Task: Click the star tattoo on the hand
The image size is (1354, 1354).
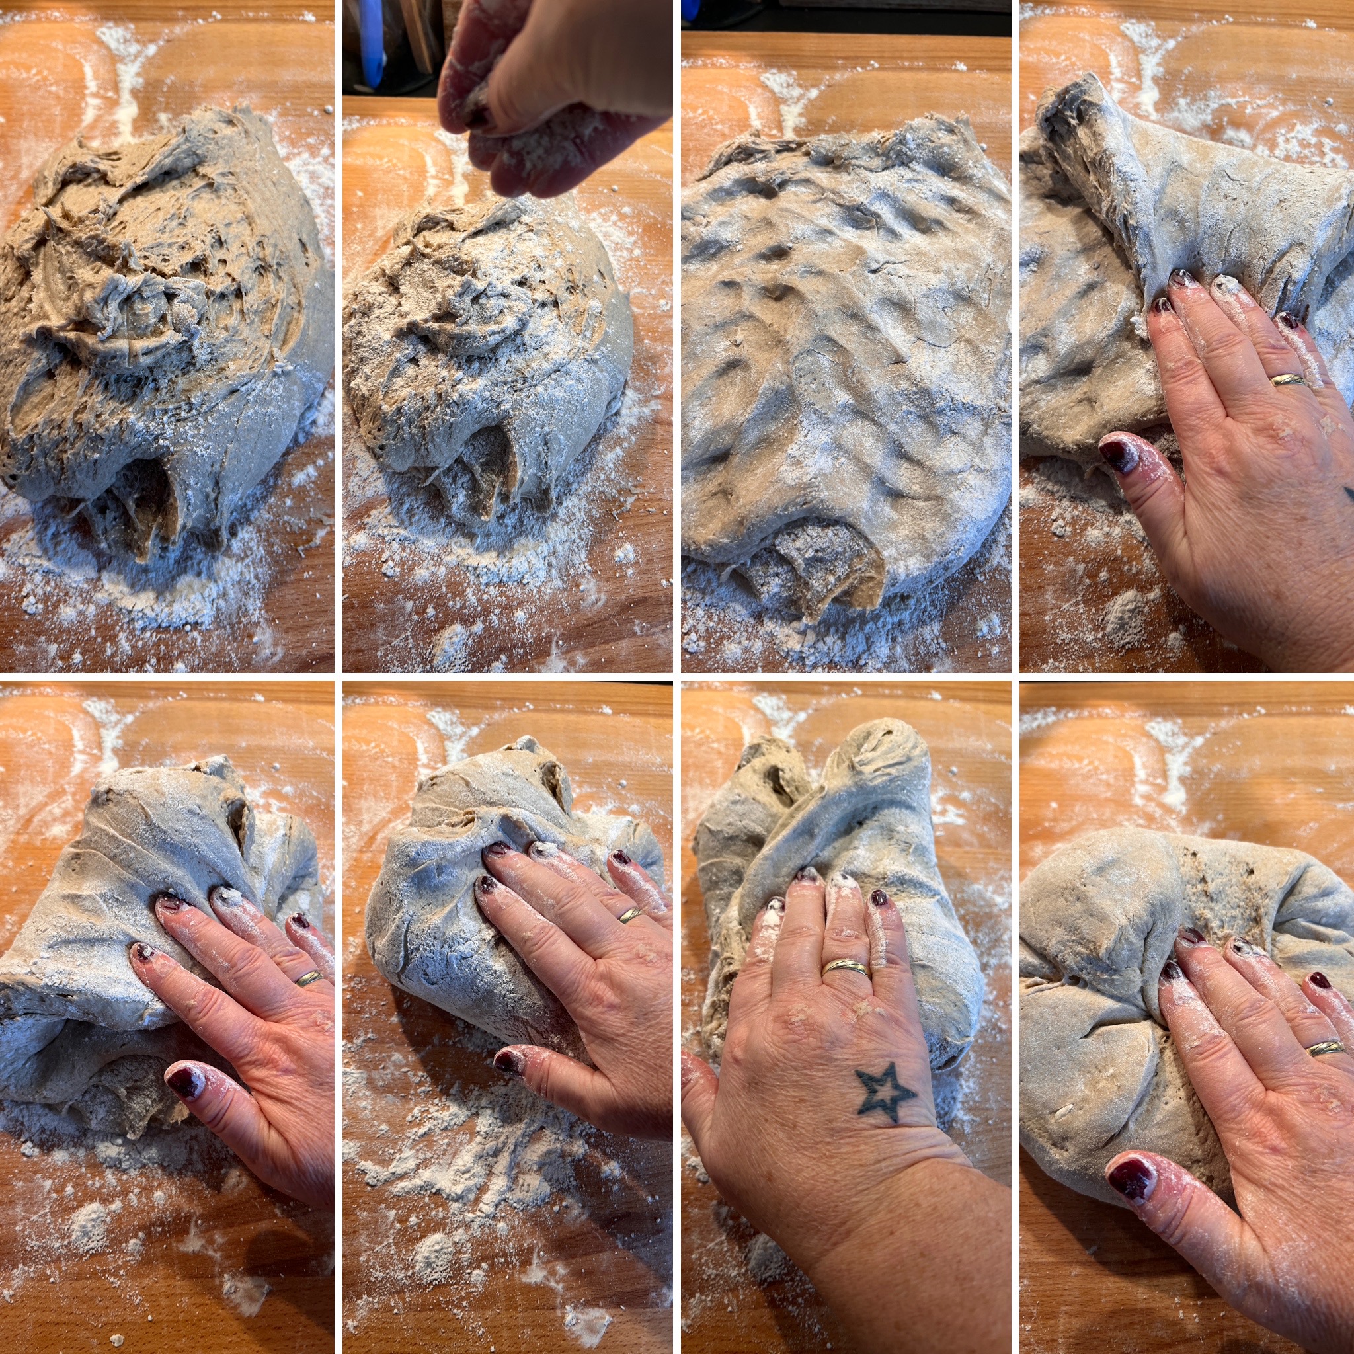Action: (x=885, y=1094)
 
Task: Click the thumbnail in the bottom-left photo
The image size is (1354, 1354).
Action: (x=184, y=1082)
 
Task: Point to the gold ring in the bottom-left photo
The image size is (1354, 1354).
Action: (x=309, y=978)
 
